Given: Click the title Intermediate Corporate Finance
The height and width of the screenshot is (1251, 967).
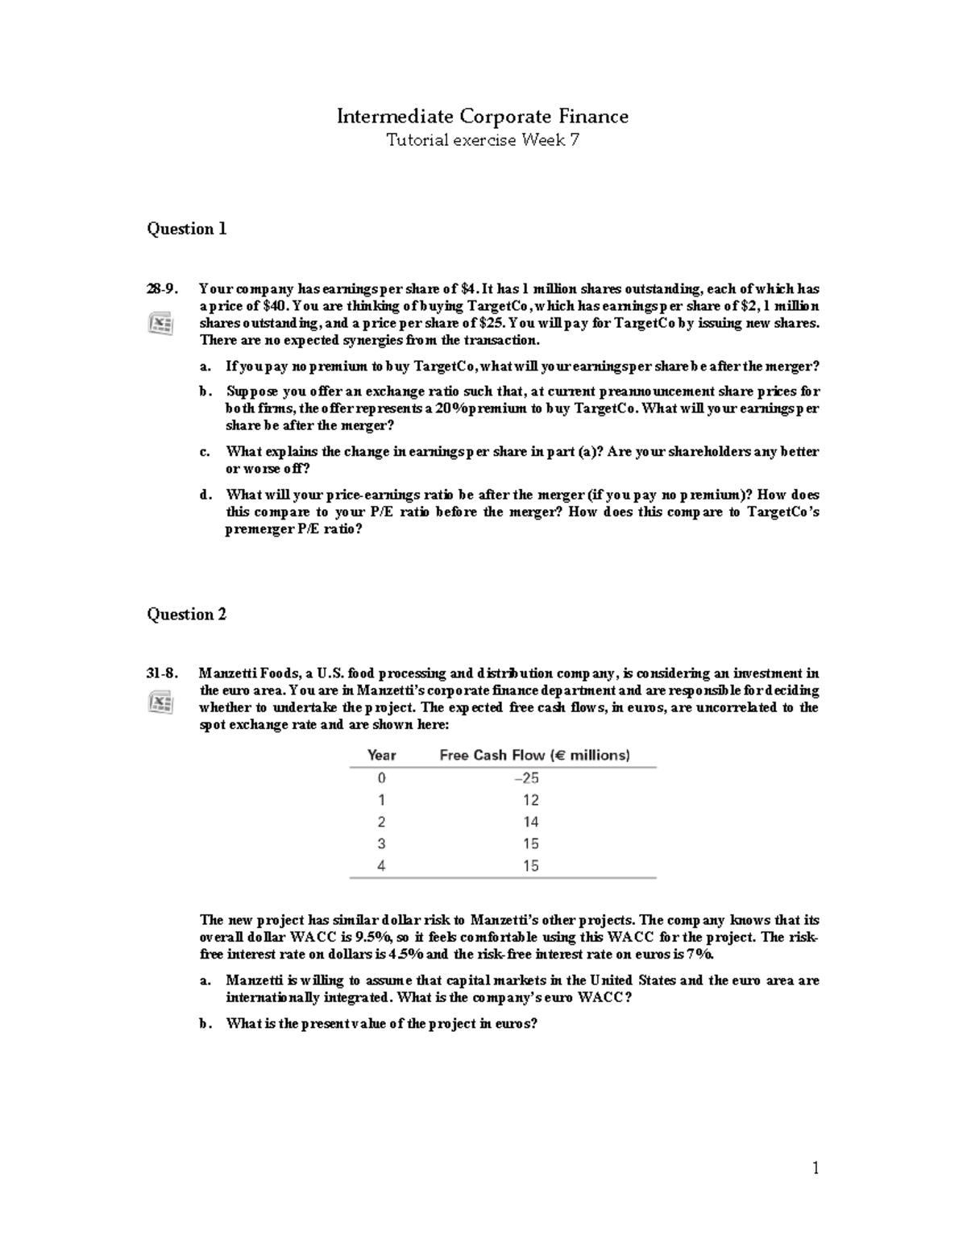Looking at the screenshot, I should pyautogui.click(x=482, y=117).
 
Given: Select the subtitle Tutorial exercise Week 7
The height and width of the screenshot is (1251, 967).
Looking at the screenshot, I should pyautogui.click(x=482, y=141).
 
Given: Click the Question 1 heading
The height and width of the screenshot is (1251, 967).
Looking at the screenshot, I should pyautogui.click(x=186, y=229).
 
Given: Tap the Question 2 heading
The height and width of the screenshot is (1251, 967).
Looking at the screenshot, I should pyautogui.click(x=186, y=615).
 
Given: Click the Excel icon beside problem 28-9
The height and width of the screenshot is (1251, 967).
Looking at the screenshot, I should pyautogui.click(x=160, y=324).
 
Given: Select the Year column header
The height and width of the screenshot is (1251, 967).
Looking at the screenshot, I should pyautogui.click(x=381, y=756).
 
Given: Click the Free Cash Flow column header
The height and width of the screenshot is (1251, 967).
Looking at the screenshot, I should pyautogui.click(x=534, y=756).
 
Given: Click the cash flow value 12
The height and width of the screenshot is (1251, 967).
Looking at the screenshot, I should pyautogui.click(x=530, y=800).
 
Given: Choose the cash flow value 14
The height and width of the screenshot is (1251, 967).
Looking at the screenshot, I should pyautogui.click(x=530, y=822).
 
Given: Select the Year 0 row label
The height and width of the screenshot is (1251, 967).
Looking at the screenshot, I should pyautogui.click(x=381, y=778).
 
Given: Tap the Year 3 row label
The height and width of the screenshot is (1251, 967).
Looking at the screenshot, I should pyautogui.click(x=381, y=844).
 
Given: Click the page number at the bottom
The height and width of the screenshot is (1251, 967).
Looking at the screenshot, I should pyautogui.click(x=816, y=1168).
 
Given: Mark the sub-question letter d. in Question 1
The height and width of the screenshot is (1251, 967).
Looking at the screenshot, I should pyautogui.click(x=205, y=495).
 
